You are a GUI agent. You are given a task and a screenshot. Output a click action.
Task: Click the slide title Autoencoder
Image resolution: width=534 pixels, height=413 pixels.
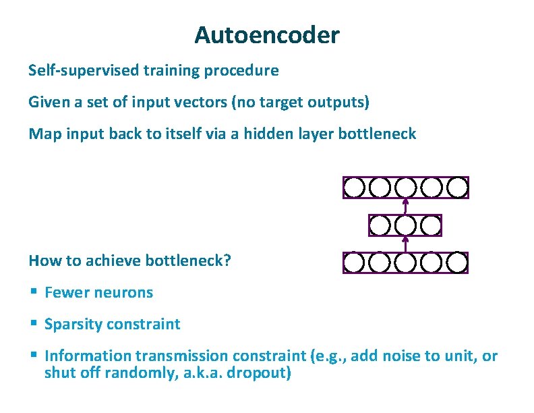click(x=266, y=34)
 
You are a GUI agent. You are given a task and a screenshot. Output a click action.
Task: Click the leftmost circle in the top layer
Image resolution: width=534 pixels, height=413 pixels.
click(x=355, y=187)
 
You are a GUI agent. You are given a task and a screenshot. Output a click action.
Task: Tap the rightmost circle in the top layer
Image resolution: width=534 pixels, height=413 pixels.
click(x=458, y=187)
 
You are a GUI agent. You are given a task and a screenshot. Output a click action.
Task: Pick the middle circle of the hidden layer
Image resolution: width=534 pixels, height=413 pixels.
click(x=405, y=225)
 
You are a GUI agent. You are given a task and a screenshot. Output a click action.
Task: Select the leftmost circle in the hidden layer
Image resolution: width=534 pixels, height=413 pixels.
click(x=380, y=225)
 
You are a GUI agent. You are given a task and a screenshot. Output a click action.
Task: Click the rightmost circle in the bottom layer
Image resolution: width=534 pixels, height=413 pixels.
click(x=458, y=263)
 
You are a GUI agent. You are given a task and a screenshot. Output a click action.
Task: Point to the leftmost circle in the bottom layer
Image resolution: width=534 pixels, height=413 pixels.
click(x=355, y=263)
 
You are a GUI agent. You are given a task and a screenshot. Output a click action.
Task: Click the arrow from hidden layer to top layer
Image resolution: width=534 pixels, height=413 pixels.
click(x=405, y=206)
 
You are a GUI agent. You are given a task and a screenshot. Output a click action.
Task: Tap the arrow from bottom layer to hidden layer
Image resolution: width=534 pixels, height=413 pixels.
click(x=405, y=244)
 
